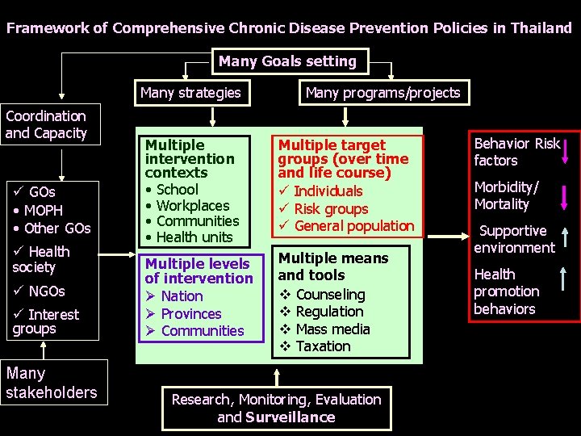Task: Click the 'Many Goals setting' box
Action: coord(287,61)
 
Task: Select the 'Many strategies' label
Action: coord(190,92)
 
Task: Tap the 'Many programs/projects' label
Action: coord(382,92)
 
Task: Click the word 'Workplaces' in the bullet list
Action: coord(193,205)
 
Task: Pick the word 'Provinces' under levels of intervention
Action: coord(191,313)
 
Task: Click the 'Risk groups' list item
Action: coord(331,208)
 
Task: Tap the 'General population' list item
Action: coord(354,225)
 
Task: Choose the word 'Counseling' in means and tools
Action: coord(330,295)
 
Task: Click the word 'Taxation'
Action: coord(323,346)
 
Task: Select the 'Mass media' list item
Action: coord(332,329)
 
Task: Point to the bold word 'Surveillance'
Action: coord(290,417)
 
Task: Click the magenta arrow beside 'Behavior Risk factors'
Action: coord(569,151)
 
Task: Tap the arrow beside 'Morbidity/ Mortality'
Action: coord(569,195)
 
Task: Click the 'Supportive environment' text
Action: coord(514,239)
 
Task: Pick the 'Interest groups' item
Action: coord(48,321)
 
